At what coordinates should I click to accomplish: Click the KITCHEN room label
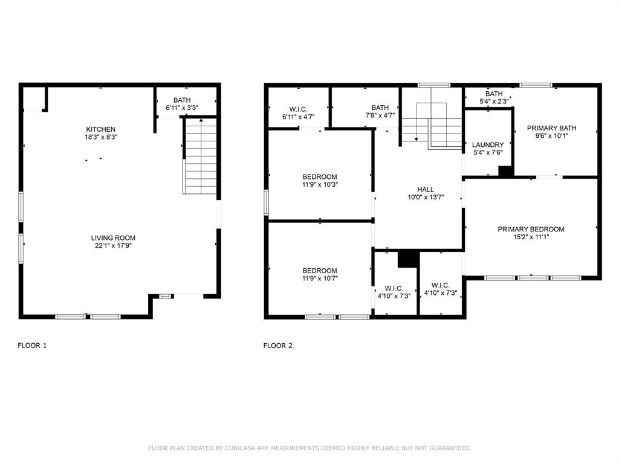click(x=100, y=129)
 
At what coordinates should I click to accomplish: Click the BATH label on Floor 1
click(x=182, y=100)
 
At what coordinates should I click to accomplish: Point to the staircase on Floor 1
click(x=200, y=156)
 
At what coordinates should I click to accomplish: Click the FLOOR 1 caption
click(x=32, y=346)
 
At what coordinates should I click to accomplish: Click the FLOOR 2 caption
click(x=278, y=346)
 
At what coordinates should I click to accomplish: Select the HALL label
click(x=426, y=190)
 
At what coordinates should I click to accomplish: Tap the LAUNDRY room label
click(x=488, y=145)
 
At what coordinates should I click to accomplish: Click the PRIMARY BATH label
click(x=551, y=128)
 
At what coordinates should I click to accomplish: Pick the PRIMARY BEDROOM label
click(x=531, y=230)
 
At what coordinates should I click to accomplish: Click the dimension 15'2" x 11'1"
click(x=531, y=237)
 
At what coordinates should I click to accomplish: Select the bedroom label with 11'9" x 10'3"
click(x=320, y=177)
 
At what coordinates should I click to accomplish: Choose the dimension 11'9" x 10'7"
click(x=320, y=279)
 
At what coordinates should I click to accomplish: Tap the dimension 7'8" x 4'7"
click(x=380, y=116)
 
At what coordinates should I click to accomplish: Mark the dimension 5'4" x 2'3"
click(x=494, y=101)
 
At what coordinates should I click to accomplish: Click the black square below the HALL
click(x=408, y=259)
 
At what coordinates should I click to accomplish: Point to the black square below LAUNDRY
click(x=505, y=171)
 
